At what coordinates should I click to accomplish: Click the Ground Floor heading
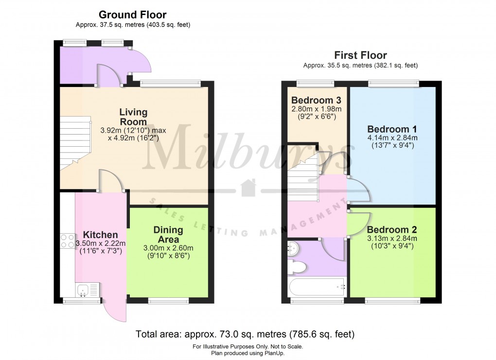(133, 15)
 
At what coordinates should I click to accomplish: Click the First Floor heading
(360, 55)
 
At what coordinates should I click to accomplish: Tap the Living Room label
(133, 117)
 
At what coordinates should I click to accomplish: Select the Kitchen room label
(100, 235)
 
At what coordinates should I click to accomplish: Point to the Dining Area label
(168, 235)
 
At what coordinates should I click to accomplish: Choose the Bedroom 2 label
(392, 230)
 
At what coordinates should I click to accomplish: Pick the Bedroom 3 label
(317, 101)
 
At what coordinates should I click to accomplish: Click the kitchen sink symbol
(88, 291)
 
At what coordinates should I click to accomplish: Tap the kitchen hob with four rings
(67, 241)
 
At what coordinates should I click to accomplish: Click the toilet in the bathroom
(297, 267)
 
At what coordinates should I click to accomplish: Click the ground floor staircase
(75, 143)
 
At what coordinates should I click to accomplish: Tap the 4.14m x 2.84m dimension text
(392, 138)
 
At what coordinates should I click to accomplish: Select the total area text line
(245, 334)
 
